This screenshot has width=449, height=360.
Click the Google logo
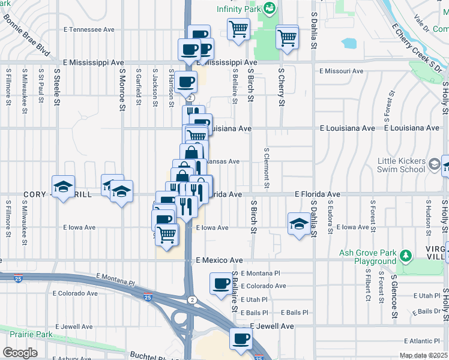(x=20, y=353)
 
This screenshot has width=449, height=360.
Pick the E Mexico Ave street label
(x=219, y=260)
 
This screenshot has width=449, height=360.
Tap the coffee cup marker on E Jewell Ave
(x=241, y=339)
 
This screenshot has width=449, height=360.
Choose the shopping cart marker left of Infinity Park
(x=239, y=28)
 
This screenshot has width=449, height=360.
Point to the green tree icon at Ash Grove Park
(x=406, y=256)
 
